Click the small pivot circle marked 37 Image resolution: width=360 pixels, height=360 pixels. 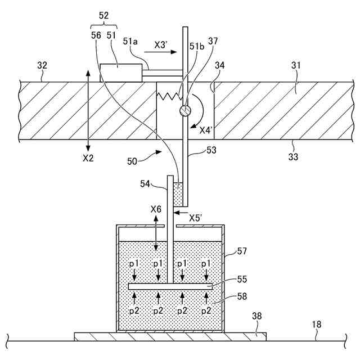click(183, 111)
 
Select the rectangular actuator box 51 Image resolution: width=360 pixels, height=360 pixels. click(121, 73)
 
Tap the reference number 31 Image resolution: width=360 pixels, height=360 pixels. click(296, 66)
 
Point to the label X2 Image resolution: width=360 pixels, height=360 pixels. click(88, 158)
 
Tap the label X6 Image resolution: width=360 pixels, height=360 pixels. click(156, 209)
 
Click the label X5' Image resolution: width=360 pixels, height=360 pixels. click(196, 217)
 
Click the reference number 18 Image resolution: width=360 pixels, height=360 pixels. click(317, 323)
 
